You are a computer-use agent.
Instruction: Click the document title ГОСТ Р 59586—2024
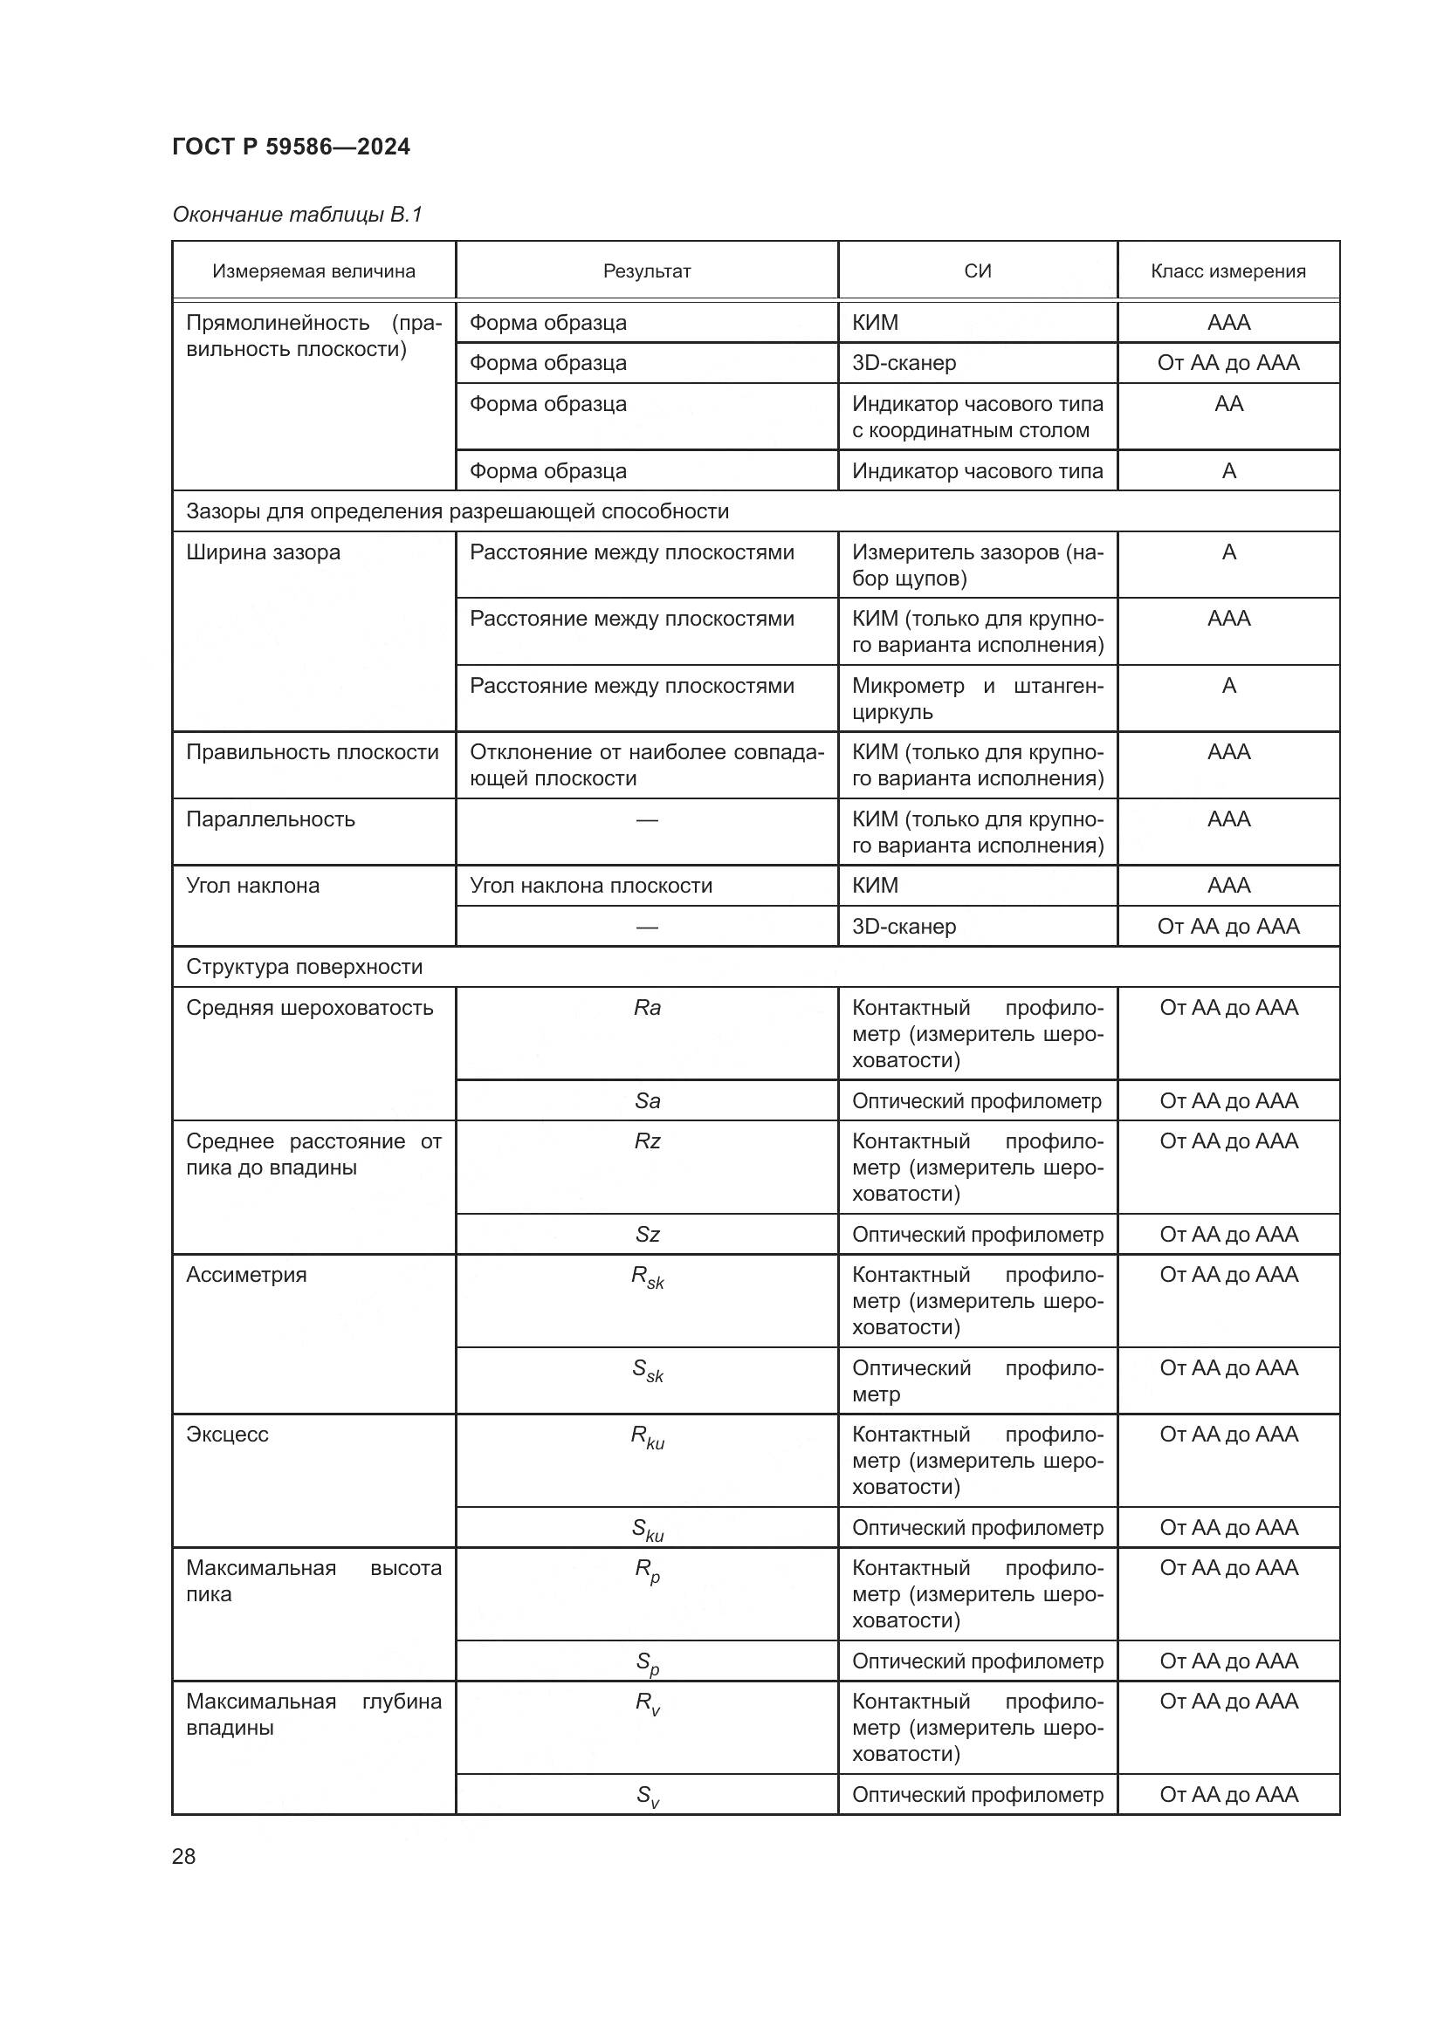[x=291, y=147]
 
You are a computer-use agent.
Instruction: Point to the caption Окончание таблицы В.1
[x=297, y=215]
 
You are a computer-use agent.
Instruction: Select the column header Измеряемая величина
[x=313, y=271]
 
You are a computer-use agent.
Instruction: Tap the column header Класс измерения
[x=1228, y=271]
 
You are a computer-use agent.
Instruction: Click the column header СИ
[x=977, y=271]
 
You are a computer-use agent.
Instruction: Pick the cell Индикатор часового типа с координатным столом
[x=977, y=417]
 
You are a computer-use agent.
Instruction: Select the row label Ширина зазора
[x=263, y=552]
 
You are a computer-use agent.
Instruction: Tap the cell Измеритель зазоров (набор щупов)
[x=977, y=565]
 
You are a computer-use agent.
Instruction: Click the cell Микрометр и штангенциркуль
[x=977, y=699]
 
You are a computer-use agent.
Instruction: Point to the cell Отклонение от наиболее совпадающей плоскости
[x=646, y=765]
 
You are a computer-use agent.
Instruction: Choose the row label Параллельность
[x=271, y=819]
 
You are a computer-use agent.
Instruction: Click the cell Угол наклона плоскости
[x=590, y=886]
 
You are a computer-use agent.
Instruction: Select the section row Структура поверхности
[x=304, y=967]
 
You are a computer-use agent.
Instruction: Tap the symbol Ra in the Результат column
[x=647, y=1008]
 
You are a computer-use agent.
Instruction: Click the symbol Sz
[x=647, y=1235]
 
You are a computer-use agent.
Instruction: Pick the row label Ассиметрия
[x=246, y=1275]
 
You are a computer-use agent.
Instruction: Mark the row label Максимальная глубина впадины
[x=313, y=1715]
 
